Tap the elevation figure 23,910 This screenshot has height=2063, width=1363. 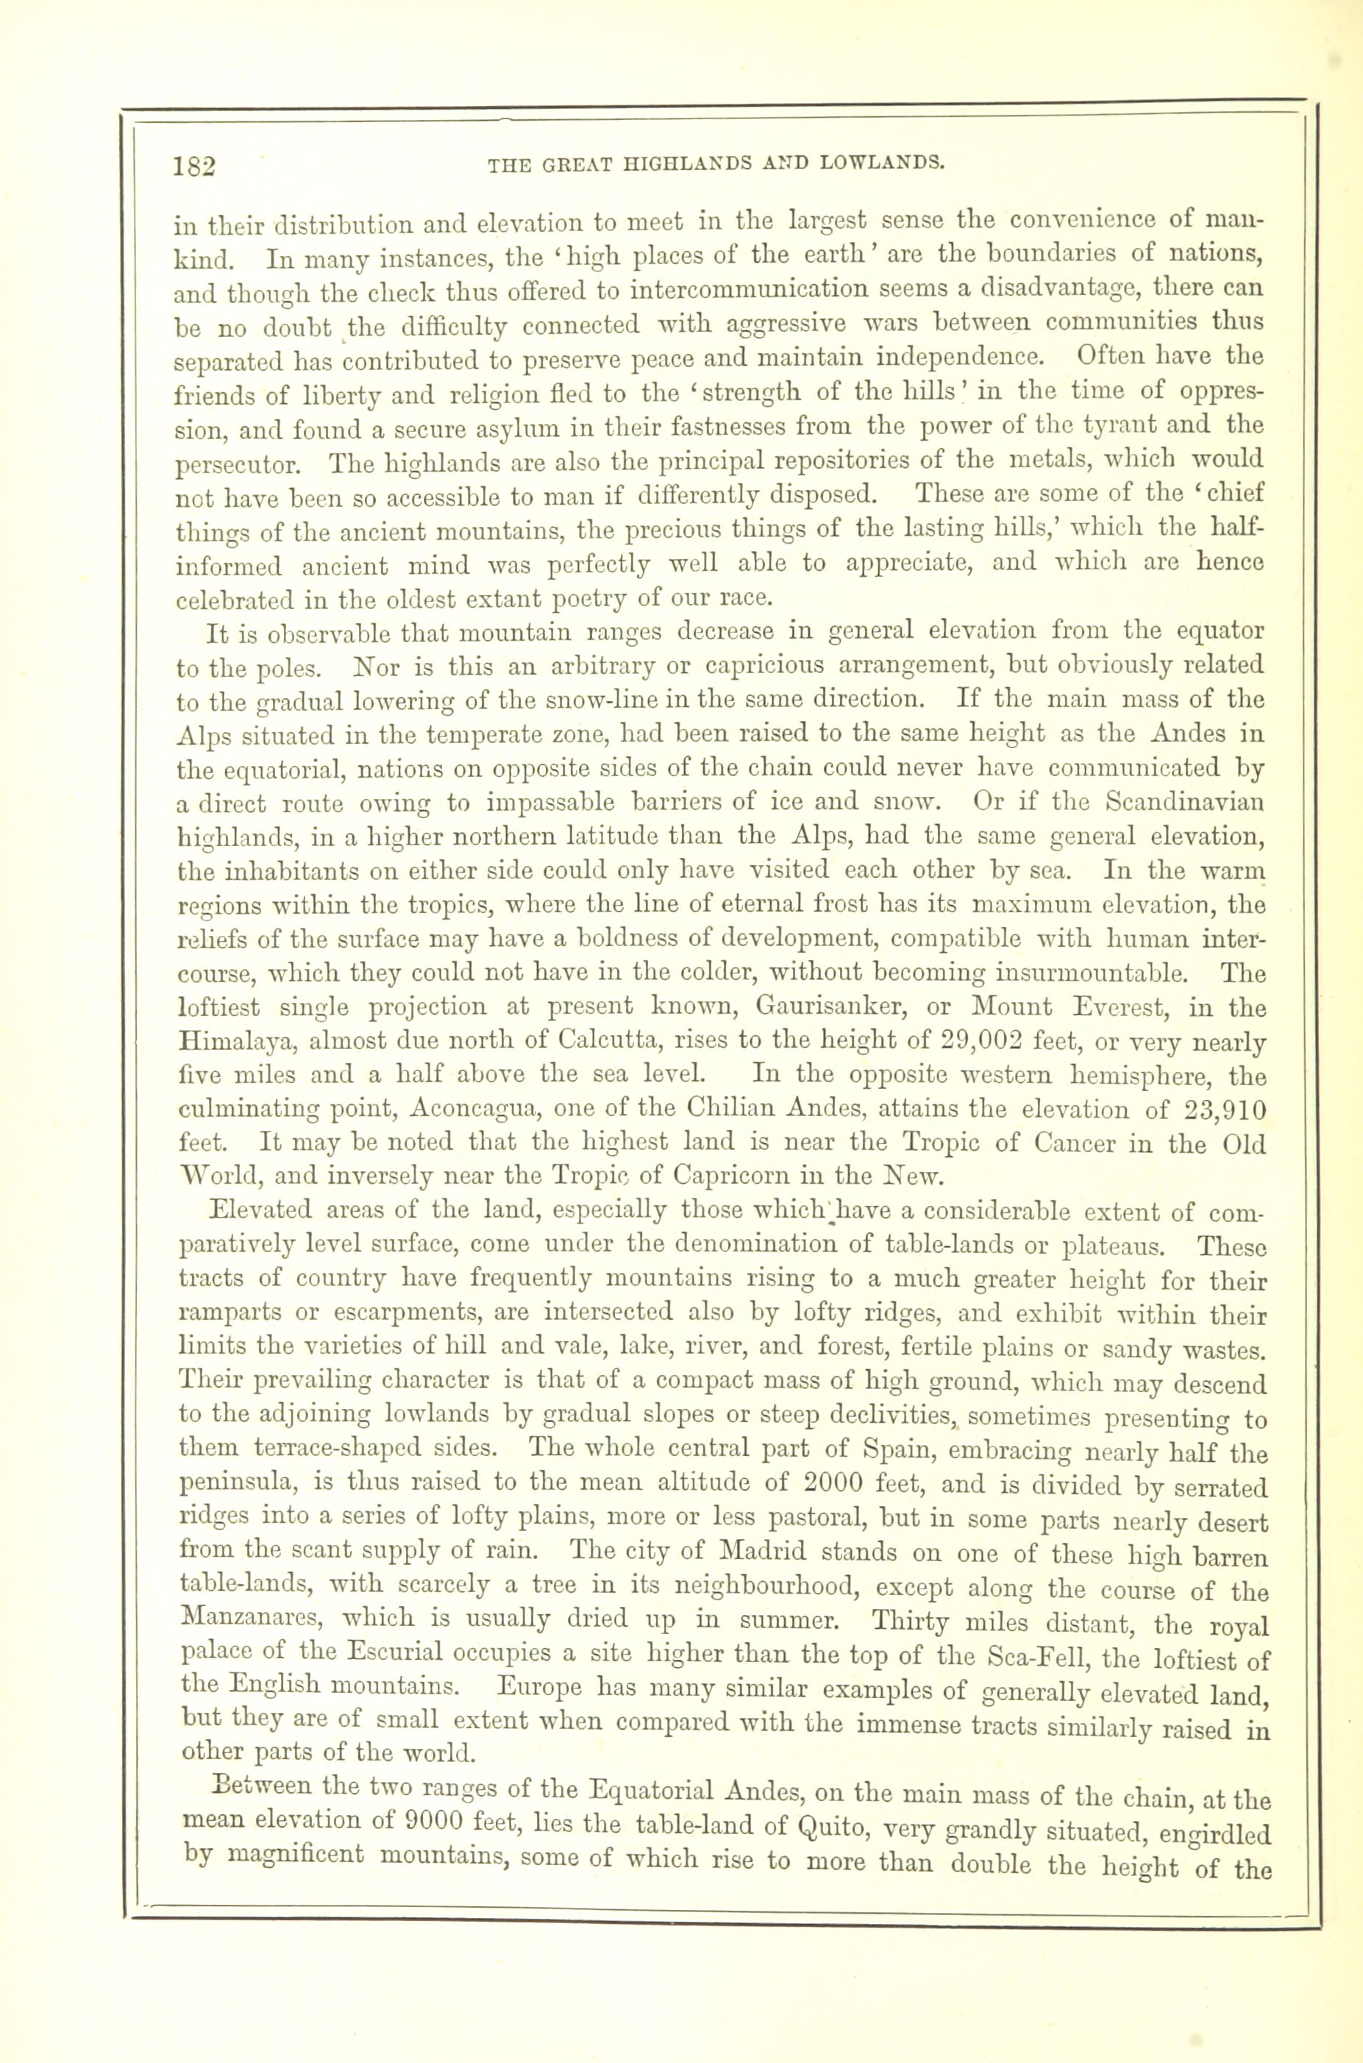tap(1224, 1110)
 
